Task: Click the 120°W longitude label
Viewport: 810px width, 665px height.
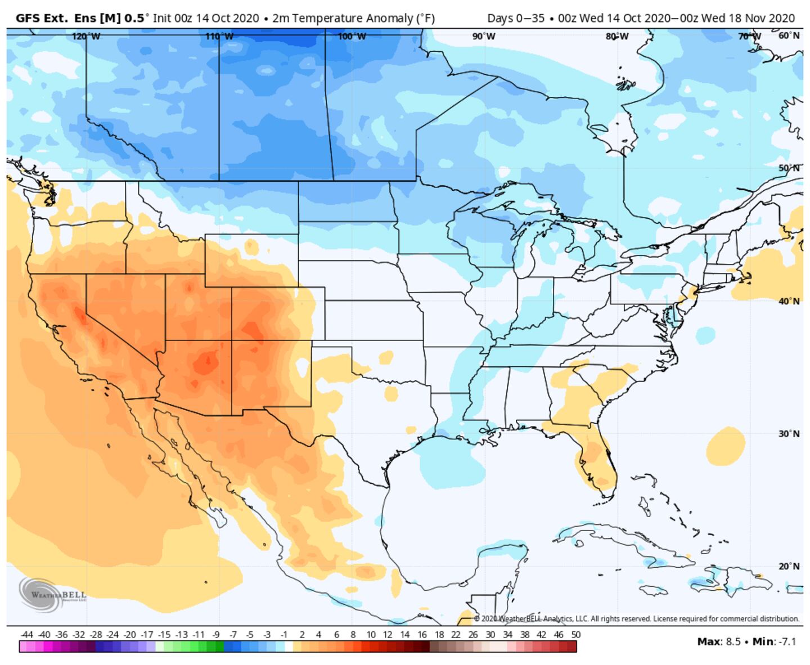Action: point(86,37)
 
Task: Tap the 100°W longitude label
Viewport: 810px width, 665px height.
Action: point(352,37)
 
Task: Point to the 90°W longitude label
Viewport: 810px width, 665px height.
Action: point(484,37)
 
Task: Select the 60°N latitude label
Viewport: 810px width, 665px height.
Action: point(789,35)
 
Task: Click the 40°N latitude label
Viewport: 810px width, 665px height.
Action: point(789,302)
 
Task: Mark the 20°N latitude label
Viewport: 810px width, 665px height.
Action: point(789,567)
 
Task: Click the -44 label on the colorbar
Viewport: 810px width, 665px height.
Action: point(26,635)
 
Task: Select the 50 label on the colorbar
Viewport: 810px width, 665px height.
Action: point(575,635)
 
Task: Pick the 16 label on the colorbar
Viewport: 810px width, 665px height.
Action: point(422,635)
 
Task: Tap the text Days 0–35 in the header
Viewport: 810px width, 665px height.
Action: point(515,18)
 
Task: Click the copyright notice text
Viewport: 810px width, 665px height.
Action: point(636,619)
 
